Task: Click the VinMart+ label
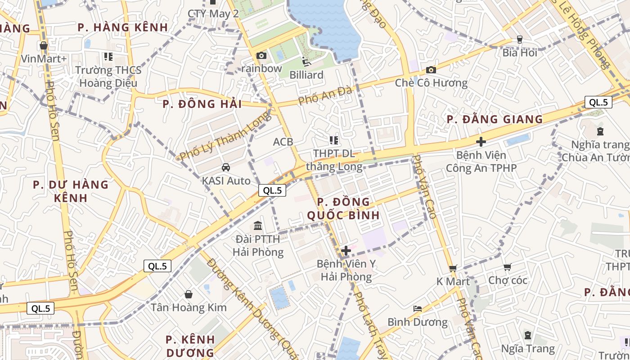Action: [x=44, y=58]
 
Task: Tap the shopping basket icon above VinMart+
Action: [x=44, y=45]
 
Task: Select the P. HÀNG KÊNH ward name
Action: [x=122, y=27]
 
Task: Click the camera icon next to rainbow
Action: [x=261, y=56]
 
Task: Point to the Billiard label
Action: [x=306, y=75]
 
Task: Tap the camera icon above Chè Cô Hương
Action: [x=431, y=70]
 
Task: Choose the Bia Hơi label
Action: [x=520, y=53]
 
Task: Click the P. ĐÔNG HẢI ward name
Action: [x=202, y=104]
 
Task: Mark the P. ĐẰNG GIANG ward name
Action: [x=495, y=119]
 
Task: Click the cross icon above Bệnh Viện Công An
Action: [x=481, y=142]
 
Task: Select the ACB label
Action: [x=283, y=142]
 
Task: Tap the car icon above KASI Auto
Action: [x=226, y=167]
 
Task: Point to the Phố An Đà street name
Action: [x=325, y=95]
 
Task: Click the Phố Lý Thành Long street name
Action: [x=225, y=135]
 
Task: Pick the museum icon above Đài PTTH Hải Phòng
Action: [x=258, y=225]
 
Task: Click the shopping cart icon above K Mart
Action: [x=453, y=268]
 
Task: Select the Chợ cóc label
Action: [x=508, y=280]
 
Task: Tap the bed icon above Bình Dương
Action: [x=418, y=309]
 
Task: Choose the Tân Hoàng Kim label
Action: [x=189, y=308]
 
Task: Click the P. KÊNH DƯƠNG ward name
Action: [x=190, y=346]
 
